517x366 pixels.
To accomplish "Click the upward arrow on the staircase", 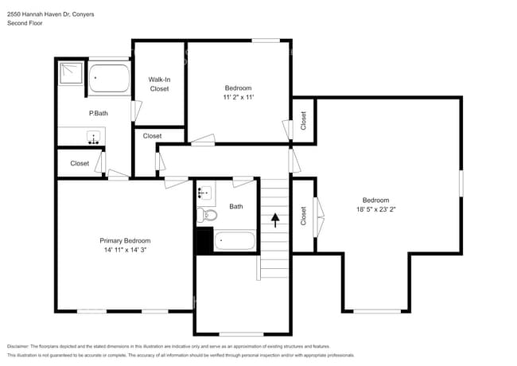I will coord(276,220).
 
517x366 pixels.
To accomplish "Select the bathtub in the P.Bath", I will coord(109,80).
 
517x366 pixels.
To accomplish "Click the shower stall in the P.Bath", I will coord(70,74).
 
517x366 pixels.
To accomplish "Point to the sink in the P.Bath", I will coord(93,138).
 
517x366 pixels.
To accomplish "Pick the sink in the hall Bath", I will coord(204,192).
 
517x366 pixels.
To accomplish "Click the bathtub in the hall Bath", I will coord(235,240).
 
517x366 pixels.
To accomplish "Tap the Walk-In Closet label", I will coord(159,84).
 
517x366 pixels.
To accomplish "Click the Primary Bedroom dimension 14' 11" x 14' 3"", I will coord(125,250).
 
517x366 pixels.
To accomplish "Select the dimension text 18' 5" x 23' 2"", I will coord(375,209).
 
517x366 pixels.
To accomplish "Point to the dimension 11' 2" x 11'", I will coord(238,97).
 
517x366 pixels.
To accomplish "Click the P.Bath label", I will coord(97,114).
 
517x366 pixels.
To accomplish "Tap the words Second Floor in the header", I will coord(25,23).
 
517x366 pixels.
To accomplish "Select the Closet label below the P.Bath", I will coord(80,163).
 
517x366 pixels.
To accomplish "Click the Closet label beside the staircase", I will coord(303,216).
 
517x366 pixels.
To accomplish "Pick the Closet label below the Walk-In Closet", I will coord(152,136).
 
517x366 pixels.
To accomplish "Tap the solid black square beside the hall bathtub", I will coord(204,240).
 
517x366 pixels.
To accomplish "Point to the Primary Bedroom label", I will coord(125,240).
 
